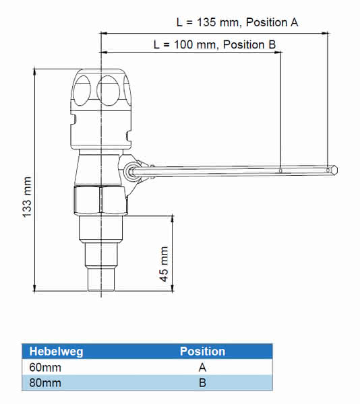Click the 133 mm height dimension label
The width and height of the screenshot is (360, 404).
click(x=27, y=197)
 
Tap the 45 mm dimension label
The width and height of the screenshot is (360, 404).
click(x=164, y=264)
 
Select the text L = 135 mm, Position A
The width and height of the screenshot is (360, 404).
click(x=237, y=22)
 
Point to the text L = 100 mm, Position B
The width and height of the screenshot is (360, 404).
click(x=214, y=44)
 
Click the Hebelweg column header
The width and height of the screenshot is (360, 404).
click(x=56, y=351)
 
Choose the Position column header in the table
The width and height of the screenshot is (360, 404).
click(x=202, y=351)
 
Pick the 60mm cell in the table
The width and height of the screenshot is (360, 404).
click(x=45, y=368)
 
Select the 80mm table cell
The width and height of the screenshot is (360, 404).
click(x=45, y=383)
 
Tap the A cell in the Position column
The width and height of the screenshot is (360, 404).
click(x=202, y=368)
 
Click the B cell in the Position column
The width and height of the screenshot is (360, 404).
click(x=202, y=383)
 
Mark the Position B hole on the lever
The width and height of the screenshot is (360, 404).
click(x=281, y=170)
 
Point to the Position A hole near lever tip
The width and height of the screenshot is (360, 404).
click(x=328, y=170)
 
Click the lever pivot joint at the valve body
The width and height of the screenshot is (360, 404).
click(x=129, y=171)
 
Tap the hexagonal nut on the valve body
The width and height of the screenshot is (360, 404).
click(x=100, y=200)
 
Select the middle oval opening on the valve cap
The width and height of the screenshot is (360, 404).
click(x=109, y=90)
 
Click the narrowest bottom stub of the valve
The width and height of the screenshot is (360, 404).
click(x=101, y=279)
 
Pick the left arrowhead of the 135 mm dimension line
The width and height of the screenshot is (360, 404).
click(x=104, y=33)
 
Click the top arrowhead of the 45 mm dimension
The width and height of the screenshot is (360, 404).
click(x=173, y=218)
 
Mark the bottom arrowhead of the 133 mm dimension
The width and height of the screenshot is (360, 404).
click(x=34, y=288)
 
